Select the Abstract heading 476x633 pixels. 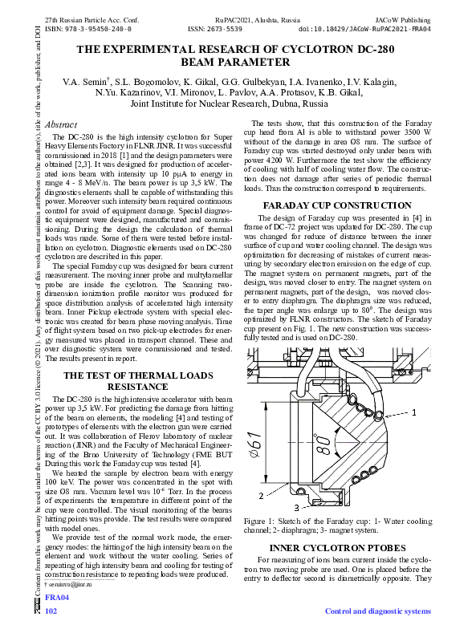61,125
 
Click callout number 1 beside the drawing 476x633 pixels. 415,412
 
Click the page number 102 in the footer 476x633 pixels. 51,611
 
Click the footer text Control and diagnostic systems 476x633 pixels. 377,611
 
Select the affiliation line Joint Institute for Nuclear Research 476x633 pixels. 229,104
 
